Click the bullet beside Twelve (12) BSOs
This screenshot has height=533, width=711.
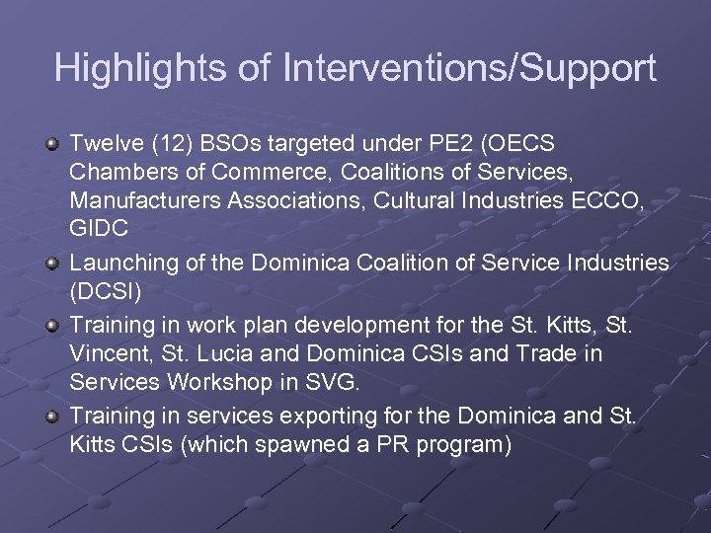click(53, 144)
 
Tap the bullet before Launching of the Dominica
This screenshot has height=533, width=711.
click(53, 264)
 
